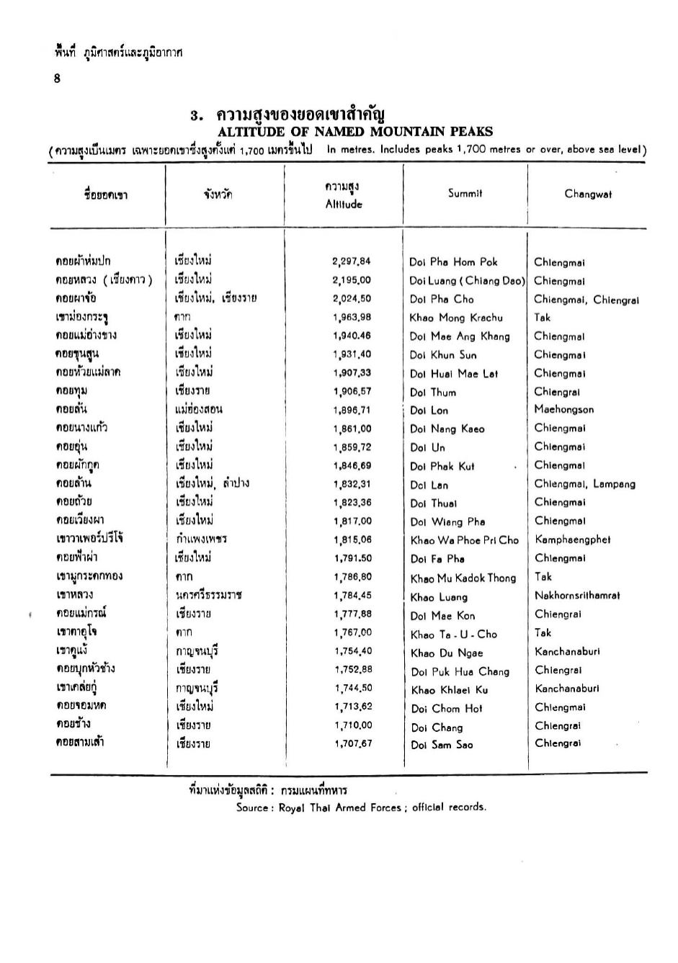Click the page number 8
[57, 79]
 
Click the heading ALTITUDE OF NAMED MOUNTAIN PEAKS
[355, 132]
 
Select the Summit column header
[465, 193]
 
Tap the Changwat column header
[588, 194]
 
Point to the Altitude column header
[344, 205]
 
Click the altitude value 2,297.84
[352, 261]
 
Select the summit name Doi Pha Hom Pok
[453, 262]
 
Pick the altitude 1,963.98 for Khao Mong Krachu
[352, 317]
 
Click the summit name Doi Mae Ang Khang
[459, 336]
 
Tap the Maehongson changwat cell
[564, 410]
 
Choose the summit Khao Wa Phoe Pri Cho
[464, 540]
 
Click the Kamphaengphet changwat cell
[573, 539]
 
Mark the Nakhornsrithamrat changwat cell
[577, 596]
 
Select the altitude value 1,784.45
[352, 596]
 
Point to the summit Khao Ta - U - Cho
[454, 635]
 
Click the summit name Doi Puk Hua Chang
[460, 672]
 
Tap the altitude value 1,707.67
[353, 744]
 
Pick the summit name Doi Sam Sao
[442, 745]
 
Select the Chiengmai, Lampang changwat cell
[584, 484]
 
